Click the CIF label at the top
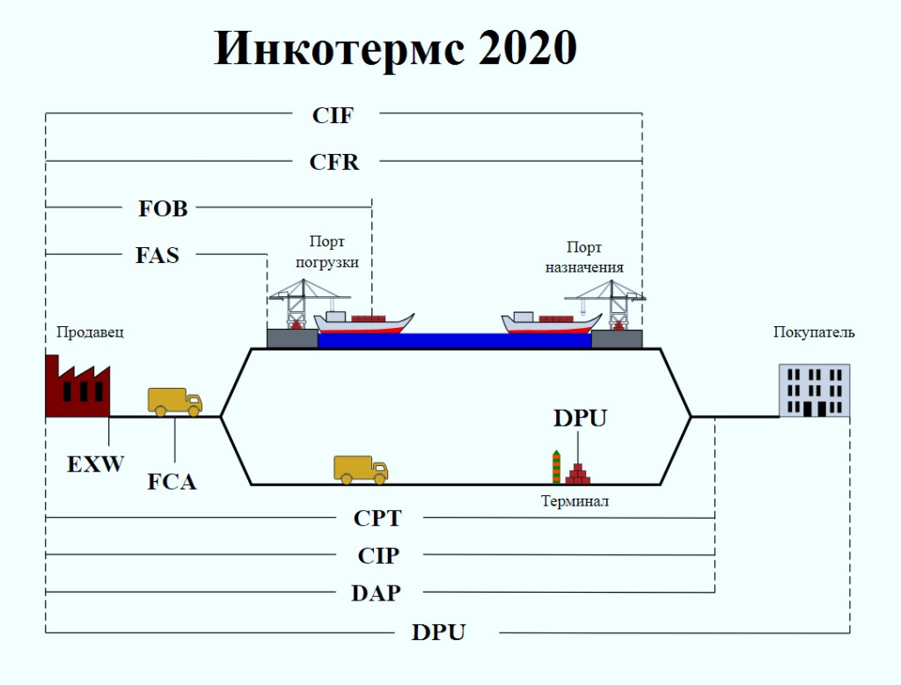pos(333,114)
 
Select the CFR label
pos(334,162)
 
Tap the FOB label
pos(163,208)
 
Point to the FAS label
pos(157,256)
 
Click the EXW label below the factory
pos(96,463)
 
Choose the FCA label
pos(172,481)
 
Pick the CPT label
pos(377,518)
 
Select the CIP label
pos(378,556)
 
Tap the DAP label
pos(376,593)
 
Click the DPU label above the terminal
pos(580,418)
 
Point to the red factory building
pos(77,387)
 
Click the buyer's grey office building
pos(814,390)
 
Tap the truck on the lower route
pos(361,470)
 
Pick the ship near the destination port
pos(551,324)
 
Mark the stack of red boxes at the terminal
pos(578,475)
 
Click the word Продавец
pos(91,332)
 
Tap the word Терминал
pos(575,502)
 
